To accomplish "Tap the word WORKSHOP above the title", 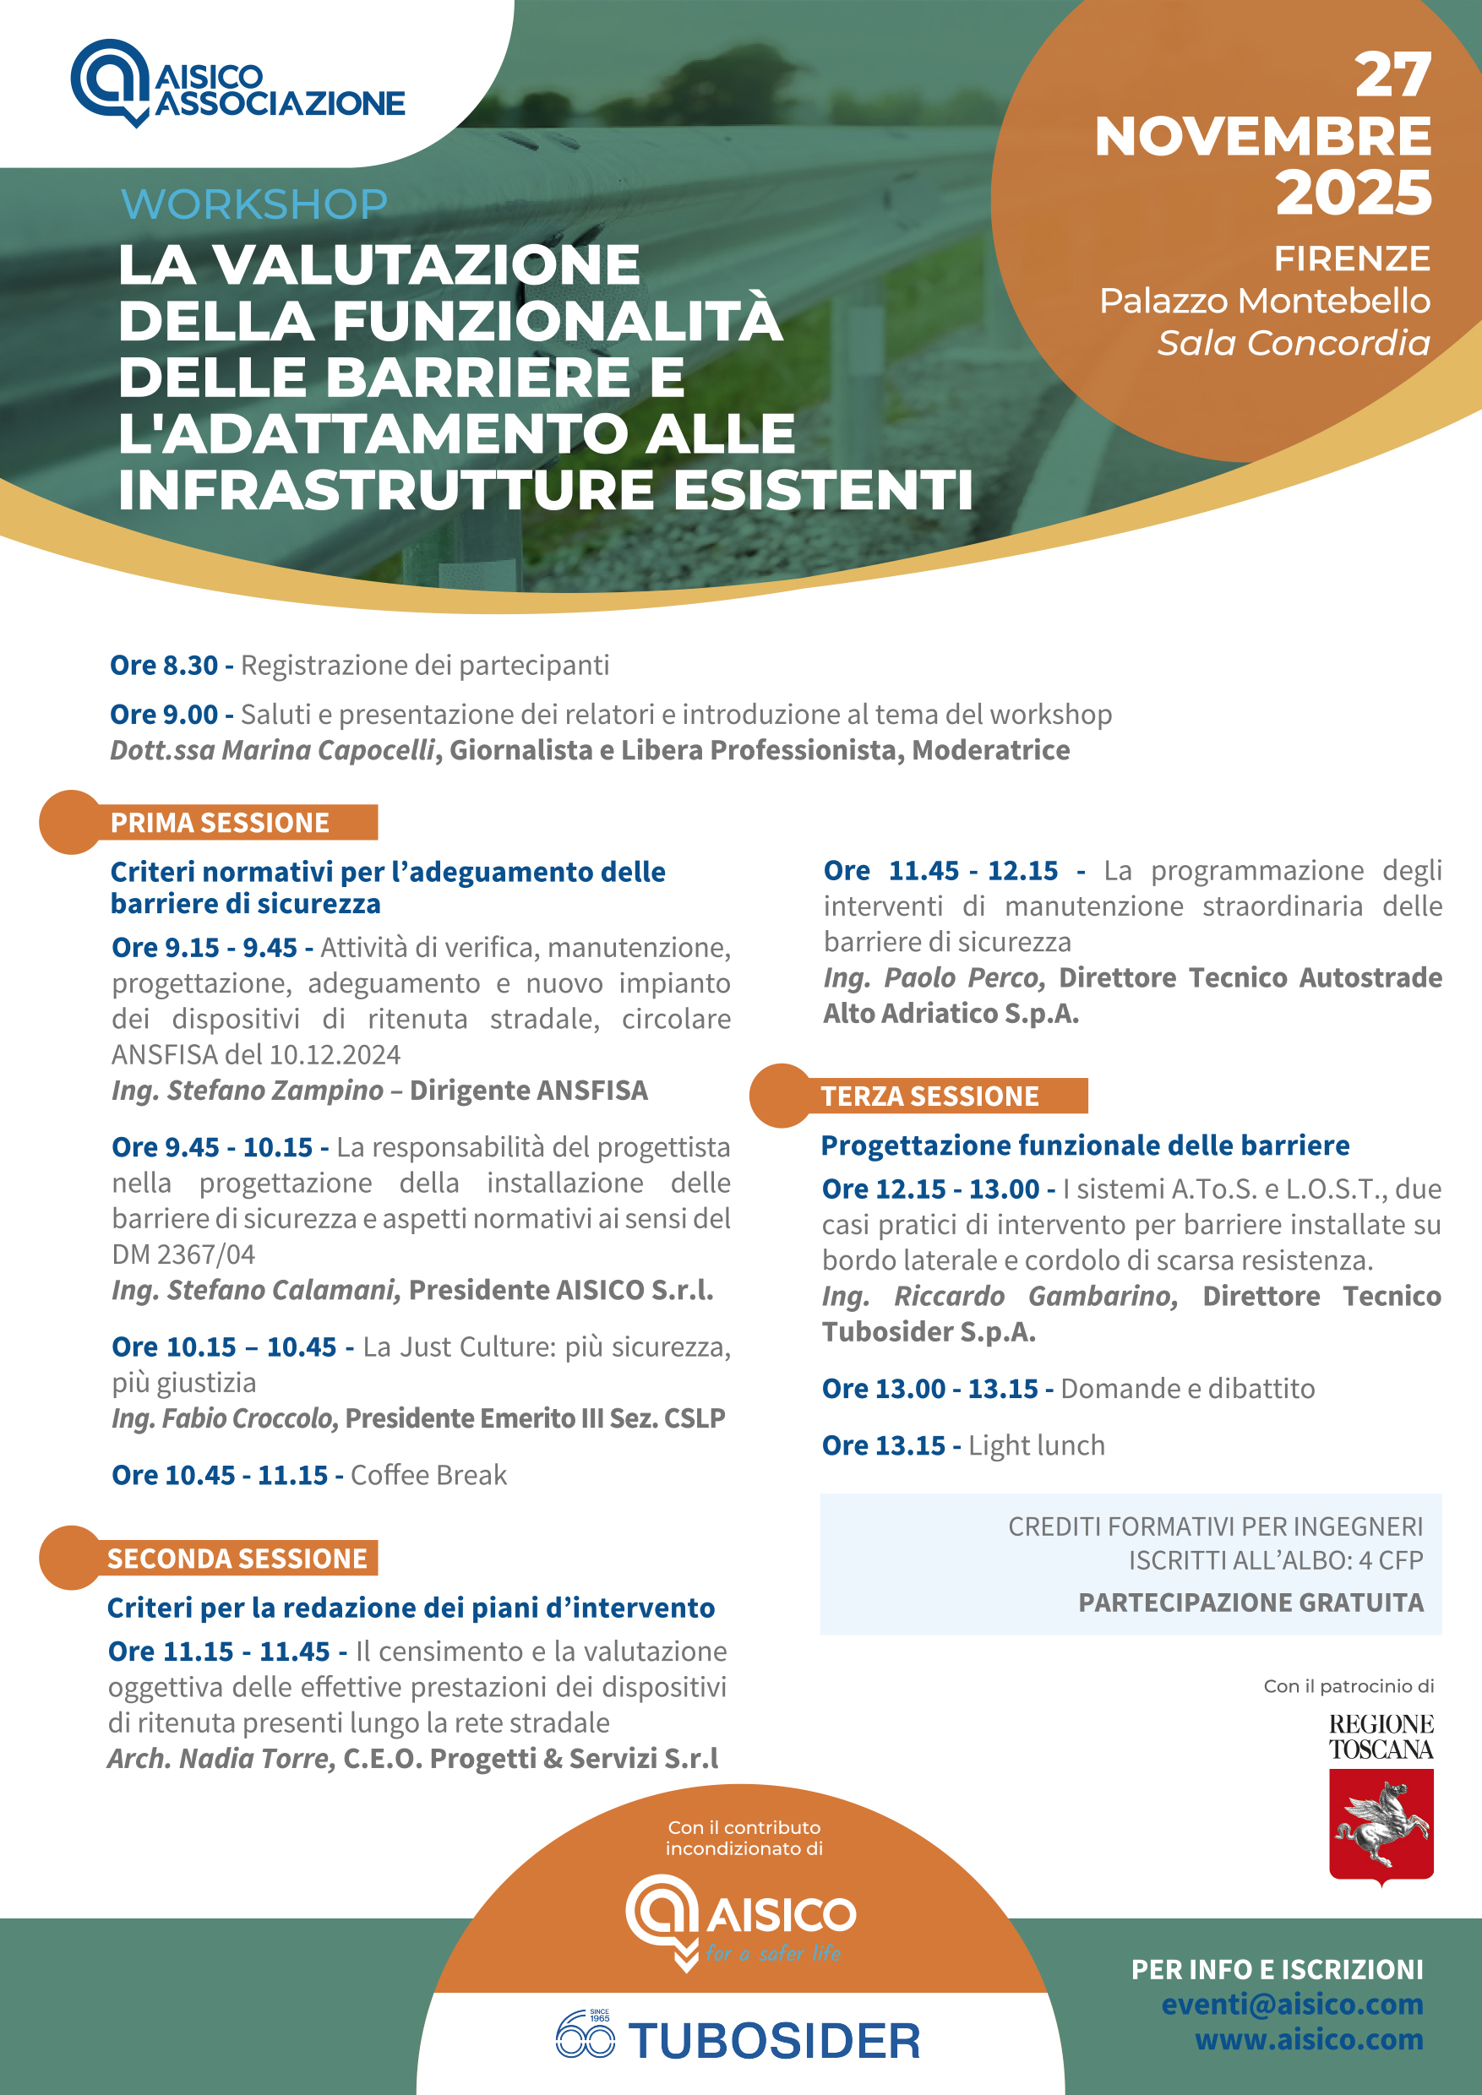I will tap(254, 204).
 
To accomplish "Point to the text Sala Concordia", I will tap(1293, 344).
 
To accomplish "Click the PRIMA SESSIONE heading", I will tap(220, 823).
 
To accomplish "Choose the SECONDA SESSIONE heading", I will tap(237, 1559).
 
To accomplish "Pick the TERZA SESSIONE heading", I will tap(930, 1096).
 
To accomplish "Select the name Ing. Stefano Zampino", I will tap(248, 1091).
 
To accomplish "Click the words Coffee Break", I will tap(428, 1476).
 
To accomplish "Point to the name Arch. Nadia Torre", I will tap(221, 1758).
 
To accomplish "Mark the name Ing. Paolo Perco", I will tap(934, 978).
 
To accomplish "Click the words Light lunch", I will tap(1037, 1445).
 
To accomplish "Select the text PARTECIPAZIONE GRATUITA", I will tap(1250, 1603).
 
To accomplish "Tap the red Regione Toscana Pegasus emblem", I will tap(1381, 1825).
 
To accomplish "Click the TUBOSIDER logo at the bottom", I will tap(738, 2040).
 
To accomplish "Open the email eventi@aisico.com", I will tap(1291, 2004).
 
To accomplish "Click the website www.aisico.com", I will tap(1309, 2038).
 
